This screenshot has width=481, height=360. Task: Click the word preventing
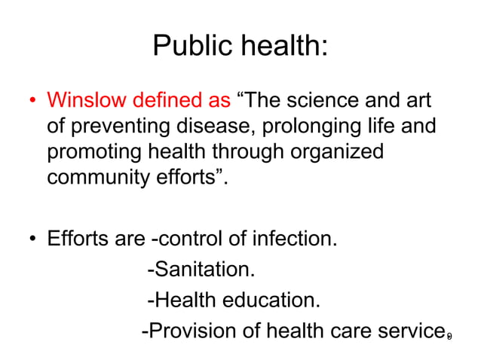[114, 127]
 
